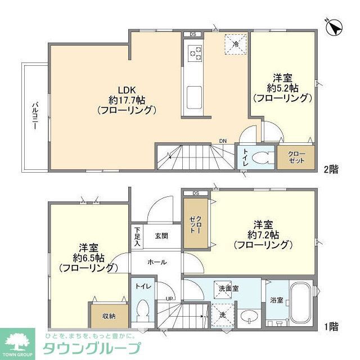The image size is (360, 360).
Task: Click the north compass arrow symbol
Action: [334, 26]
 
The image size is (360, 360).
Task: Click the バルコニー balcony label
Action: [34, 116]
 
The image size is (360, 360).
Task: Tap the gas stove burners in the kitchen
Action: [195, 54]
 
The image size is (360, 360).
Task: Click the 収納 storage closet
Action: [109, 316]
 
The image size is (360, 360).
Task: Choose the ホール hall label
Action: [156, 262]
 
